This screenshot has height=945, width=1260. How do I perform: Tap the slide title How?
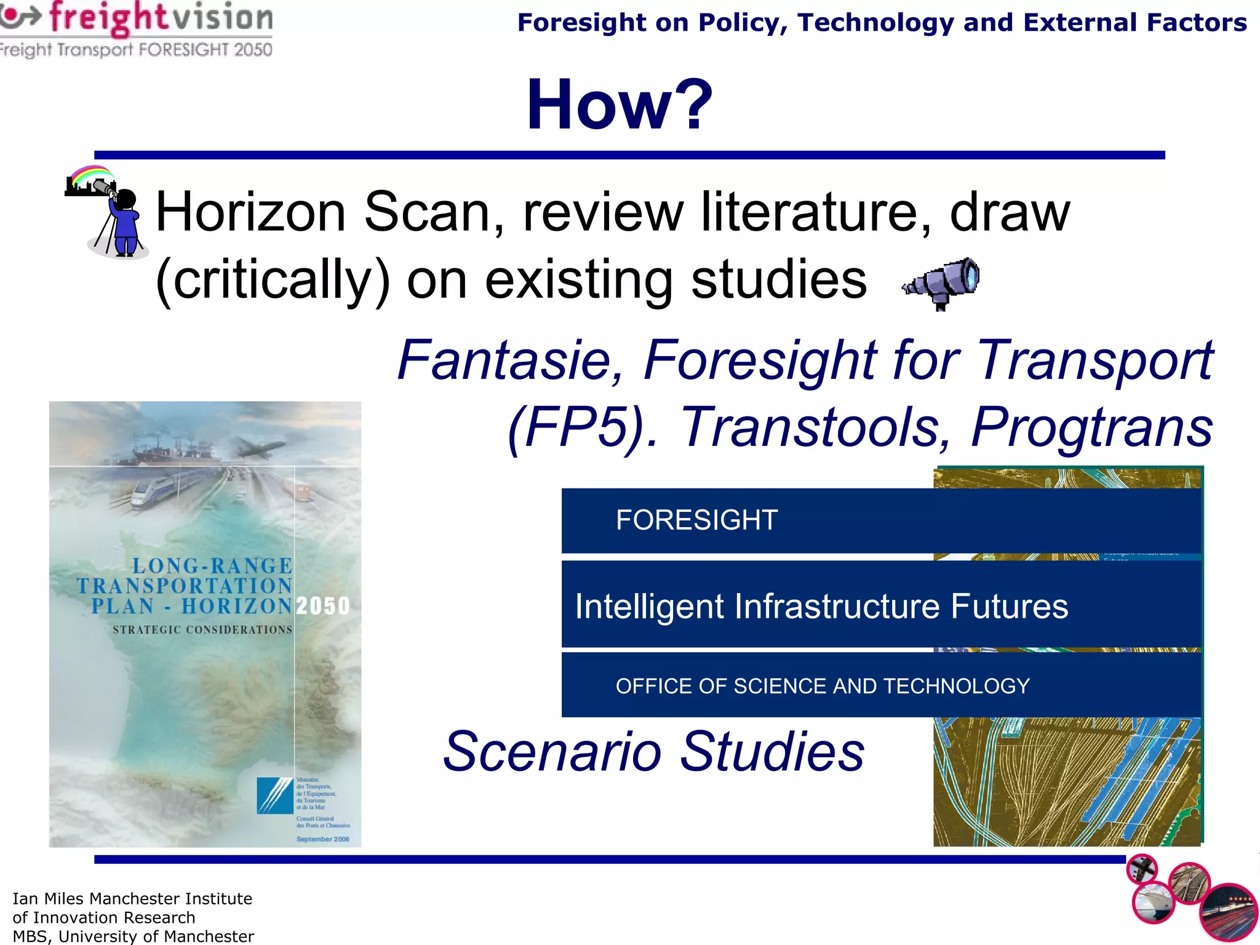pos(619,105)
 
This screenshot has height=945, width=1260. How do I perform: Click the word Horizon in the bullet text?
pos(251,212)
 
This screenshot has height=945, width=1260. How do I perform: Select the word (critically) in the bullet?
pos(273,281)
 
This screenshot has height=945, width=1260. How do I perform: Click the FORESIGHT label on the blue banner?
pos(696,520)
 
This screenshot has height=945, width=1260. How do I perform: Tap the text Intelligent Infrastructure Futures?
pos(821,607)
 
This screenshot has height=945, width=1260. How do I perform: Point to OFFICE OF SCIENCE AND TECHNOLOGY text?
pos(823,687)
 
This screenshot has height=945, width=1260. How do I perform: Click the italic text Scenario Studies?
pos(654,752)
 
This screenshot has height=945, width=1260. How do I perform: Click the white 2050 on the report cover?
pos(323,606)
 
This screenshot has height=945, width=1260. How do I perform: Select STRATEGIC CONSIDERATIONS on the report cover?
pos(202,630)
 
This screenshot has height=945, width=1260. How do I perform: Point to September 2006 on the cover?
pos(322,839)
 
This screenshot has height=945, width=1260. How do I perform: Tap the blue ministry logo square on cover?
pos(274,795)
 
